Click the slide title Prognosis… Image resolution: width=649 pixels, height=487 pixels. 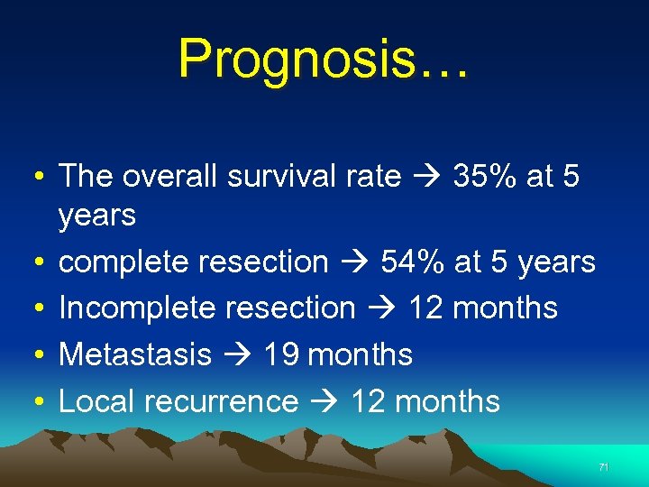tap(324, 60)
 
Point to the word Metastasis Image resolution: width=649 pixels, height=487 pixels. tap(134, 355)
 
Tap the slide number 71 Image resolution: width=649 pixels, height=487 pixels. tap(604, 467)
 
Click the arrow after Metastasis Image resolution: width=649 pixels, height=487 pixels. tap(237, 355)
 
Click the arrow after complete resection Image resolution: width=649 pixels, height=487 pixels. tap(354, 262)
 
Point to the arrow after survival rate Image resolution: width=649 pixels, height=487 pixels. tap(427, 177)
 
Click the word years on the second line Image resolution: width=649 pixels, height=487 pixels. tap(97, 216)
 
